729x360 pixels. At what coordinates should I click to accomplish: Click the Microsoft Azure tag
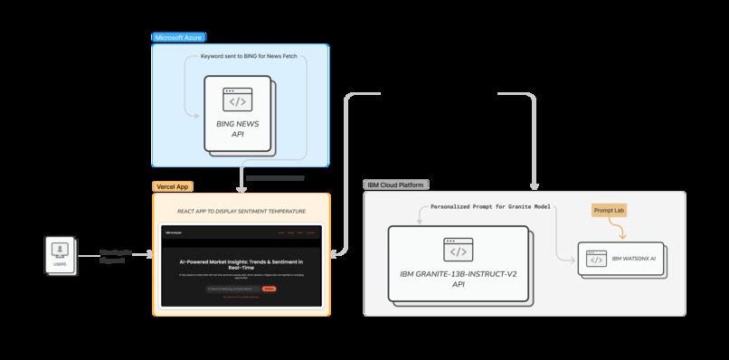pos(178,37)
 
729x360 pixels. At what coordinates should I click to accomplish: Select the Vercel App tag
pos(172,185)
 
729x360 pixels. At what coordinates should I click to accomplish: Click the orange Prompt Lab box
pos(609,210)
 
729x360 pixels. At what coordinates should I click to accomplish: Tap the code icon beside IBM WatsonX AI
pos(596,260)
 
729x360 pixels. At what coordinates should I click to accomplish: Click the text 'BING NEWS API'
pos(237,128)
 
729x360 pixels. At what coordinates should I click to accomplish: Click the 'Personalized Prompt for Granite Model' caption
pos(491,207)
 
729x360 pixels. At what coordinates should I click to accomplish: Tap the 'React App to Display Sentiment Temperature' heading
pos(241,212)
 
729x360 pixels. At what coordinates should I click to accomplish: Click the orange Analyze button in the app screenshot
pos(269,289)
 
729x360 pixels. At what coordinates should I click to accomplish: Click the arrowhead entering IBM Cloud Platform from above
pos(535,184)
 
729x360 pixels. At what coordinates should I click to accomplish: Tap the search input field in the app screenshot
pos(231,289)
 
